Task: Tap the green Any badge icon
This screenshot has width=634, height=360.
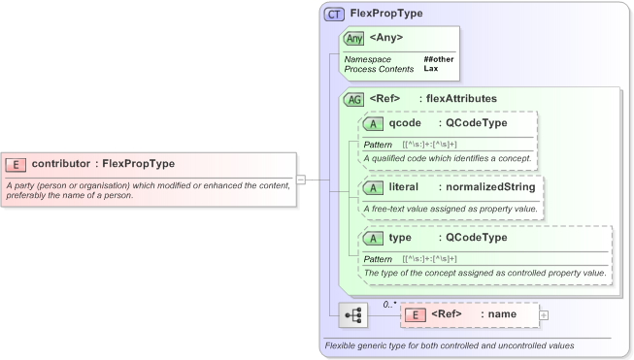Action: (354, 38)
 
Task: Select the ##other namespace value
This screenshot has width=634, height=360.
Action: (438, 59)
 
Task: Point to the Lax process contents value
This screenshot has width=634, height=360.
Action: (430, 69)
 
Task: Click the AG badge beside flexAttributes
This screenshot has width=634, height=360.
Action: (354, 98)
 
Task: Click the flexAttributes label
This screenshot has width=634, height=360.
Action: (458, 98)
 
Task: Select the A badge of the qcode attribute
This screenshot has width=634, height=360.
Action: (374, 124)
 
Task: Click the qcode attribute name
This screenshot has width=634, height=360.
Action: (405, 124)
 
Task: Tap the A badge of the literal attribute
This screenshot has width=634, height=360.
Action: (374, 186)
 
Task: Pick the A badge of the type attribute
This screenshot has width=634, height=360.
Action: (374, 238)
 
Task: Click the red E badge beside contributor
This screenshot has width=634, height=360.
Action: (16, 164)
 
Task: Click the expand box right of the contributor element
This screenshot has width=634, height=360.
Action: (301, 179)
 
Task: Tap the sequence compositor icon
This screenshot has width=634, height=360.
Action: (353, 315)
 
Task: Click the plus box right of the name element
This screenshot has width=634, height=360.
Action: (544, 315)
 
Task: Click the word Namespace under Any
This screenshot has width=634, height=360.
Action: (368, 59)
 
